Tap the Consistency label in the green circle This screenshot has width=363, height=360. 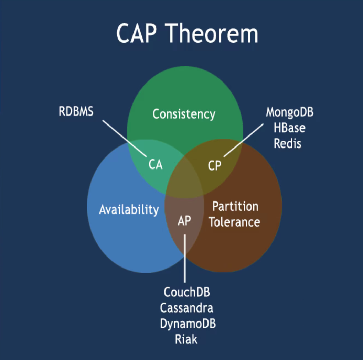coord(184,114)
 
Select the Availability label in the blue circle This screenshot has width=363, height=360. coord(129,209)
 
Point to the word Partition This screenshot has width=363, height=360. coord(235,206)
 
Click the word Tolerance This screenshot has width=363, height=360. coord(234,222)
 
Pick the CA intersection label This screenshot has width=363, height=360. coord(156,165)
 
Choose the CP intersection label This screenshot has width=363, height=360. coord(215,166)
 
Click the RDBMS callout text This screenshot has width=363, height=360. coord(76,112)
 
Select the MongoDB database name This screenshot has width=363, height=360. coord(289,112)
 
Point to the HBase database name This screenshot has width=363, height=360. coord(289,128)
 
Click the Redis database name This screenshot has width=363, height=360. coord(287,143)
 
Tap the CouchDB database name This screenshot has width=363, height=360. coord(186,293)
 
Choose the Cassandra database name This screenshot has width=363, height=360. coord(186,308)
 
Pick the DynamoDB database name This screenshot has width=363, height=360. coord(188,324)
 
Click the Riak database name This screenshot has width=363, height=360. coord(186,339)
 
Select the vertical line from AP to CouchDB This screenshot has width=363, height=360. coord(185,258)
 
